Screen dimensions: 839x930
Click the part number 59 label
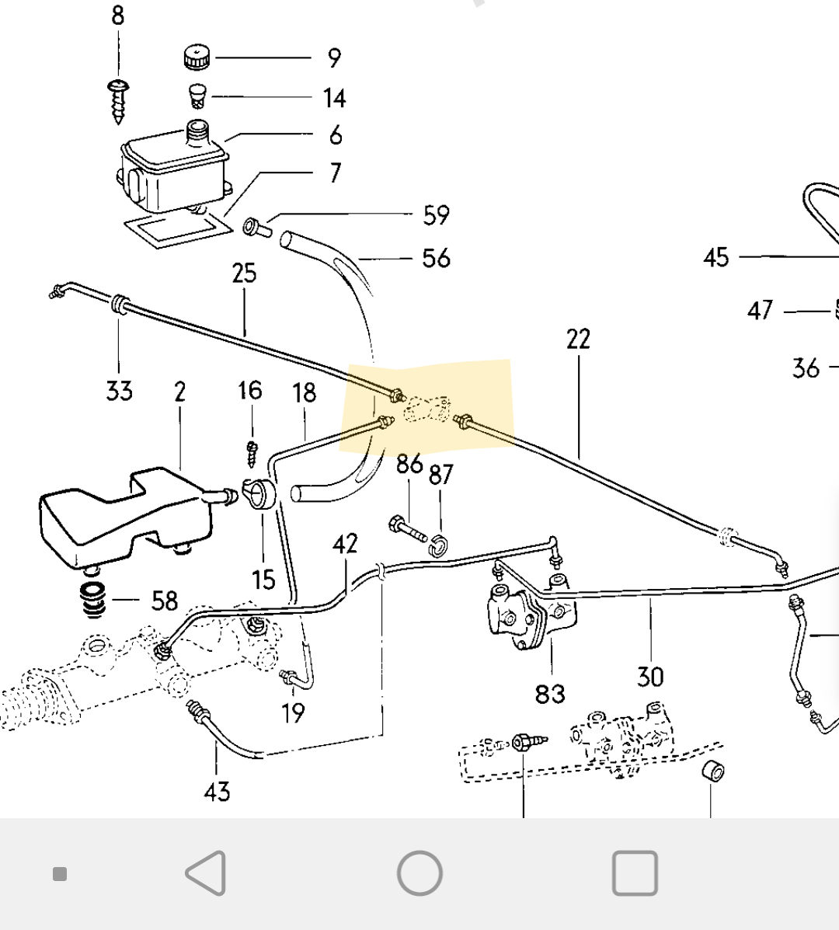(437, 214)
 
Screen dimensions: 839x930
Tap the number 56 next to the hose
(437, 259)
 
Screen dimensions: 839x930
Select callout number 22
(578, 340)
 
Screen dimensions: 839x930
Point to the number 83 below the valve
(550, 693)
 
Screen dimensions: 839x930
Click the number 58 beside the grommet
(164, 601)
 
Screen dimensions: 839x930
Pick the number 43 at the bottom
(217, 791)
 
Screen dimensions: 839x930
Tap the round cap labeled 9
(197, 57)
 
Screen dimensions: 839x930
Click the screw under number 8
(119, 102)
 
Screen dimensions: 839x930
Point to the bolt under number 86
(408, 530)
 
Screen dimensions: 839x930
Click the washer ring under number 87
(438, 545)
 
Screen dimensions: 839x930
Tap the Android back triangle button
(206, 873)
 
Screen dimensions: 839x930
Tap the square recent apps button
(635, 873)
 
